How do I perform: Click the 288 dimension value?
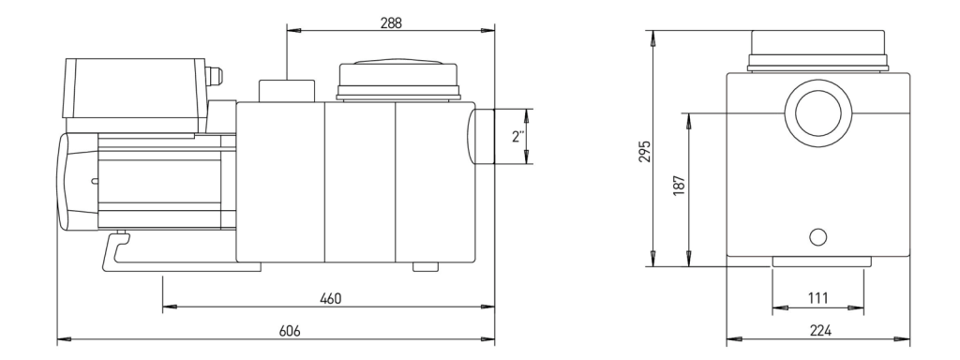tap(391, 23)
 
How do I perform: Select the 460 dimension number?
tap(331, 299)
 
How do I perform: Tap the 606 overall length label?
tap(290, 331)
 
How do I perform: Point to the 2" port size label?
tap(517, 137)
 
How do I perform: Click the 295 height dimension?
tap(645, 152)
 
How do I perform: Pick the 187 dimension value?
tap(679, 186)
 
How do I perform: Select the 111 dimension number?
tap(817, 298)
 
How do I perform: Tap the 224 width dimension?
tap(820, 331)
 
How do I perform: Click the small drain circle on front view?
tap(817, 237)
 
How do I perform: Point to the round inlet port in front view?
tap(817, 113)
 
